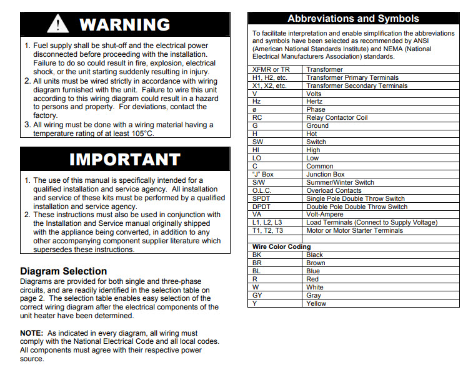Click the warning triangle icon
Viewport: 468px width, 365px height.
(59, 24)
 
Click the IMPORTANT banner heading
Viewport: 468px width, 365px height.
(124, 159)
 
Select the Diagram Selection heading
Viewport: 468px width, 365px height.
(63, 271)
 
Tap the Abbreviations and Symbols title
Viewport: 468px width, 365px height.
(352, 19)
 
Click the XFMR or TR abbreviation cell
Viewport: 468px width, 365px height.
(271, 69)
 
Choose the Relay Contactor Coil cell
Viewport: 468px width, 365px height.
(337, 117)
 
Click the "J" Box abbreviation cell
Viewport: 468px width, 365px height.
(263, 174)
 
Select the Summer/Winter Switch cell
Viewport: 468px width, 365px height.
(341, 182)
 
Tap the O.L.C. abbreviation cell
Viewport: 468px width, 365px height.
(261, 190)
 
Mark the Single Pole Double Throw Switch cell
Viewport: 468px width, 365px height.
(356, 198)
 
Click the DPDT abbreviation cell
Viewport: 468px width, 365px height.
(261, 207)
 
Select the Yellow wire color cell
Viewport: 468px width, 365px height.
(316, 303)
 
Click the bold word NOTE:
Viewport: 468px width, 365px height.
(31, 334)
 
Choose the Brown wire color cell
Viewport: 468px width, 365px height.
(316, 263)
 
